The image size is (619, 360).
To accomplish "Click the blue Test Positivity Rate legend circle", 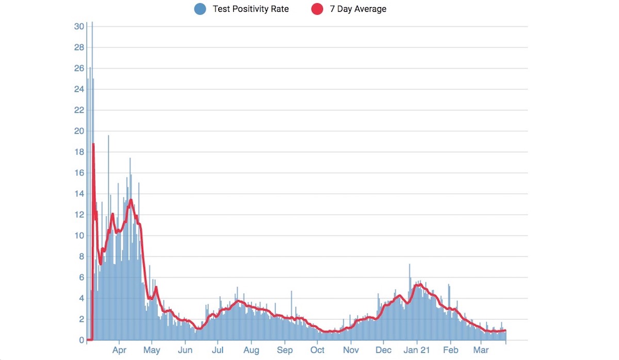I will pos(200,9).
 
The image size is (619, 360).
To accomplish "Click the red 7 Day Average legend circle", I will pos(317,9).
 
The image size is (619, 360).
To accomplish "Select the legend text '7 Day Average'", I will pos(358,9).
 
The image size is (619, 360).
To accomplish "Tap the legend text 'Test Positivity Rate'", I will pos(251,9).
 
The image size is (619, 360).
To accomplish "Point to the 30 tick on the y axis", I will pos(79,26).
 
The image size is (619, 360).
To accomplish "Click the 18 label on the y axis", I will pos(79,152).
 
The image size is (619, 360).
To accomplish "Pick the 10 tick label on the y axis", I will pos(79,236).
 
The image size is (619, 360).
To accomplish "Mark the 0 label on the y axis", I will pos(82,340).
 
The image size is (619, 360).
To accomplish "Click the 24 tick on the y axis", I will pos(79,89).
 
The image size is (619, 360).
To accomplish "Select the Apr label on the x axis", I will pos(119,350).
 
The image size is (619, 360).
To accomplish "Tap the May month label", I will pos(152,350).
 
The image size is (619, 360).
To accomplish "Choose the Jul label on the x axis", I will pos(218,350).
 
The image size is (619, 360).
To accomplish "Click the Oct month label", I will pos(317,350).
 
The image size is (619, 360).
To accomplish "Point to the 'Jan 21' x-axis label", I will pos(417,350).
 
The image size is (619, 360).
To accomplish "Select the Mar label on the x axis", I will pos(481,350).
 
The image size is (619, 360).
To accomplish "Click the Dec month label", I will pos(383,350).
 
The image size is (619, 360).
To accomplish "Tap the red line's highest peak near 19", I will pos(93,144).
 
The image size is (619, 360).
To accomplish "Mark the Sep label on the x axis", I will pos(284,350).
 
